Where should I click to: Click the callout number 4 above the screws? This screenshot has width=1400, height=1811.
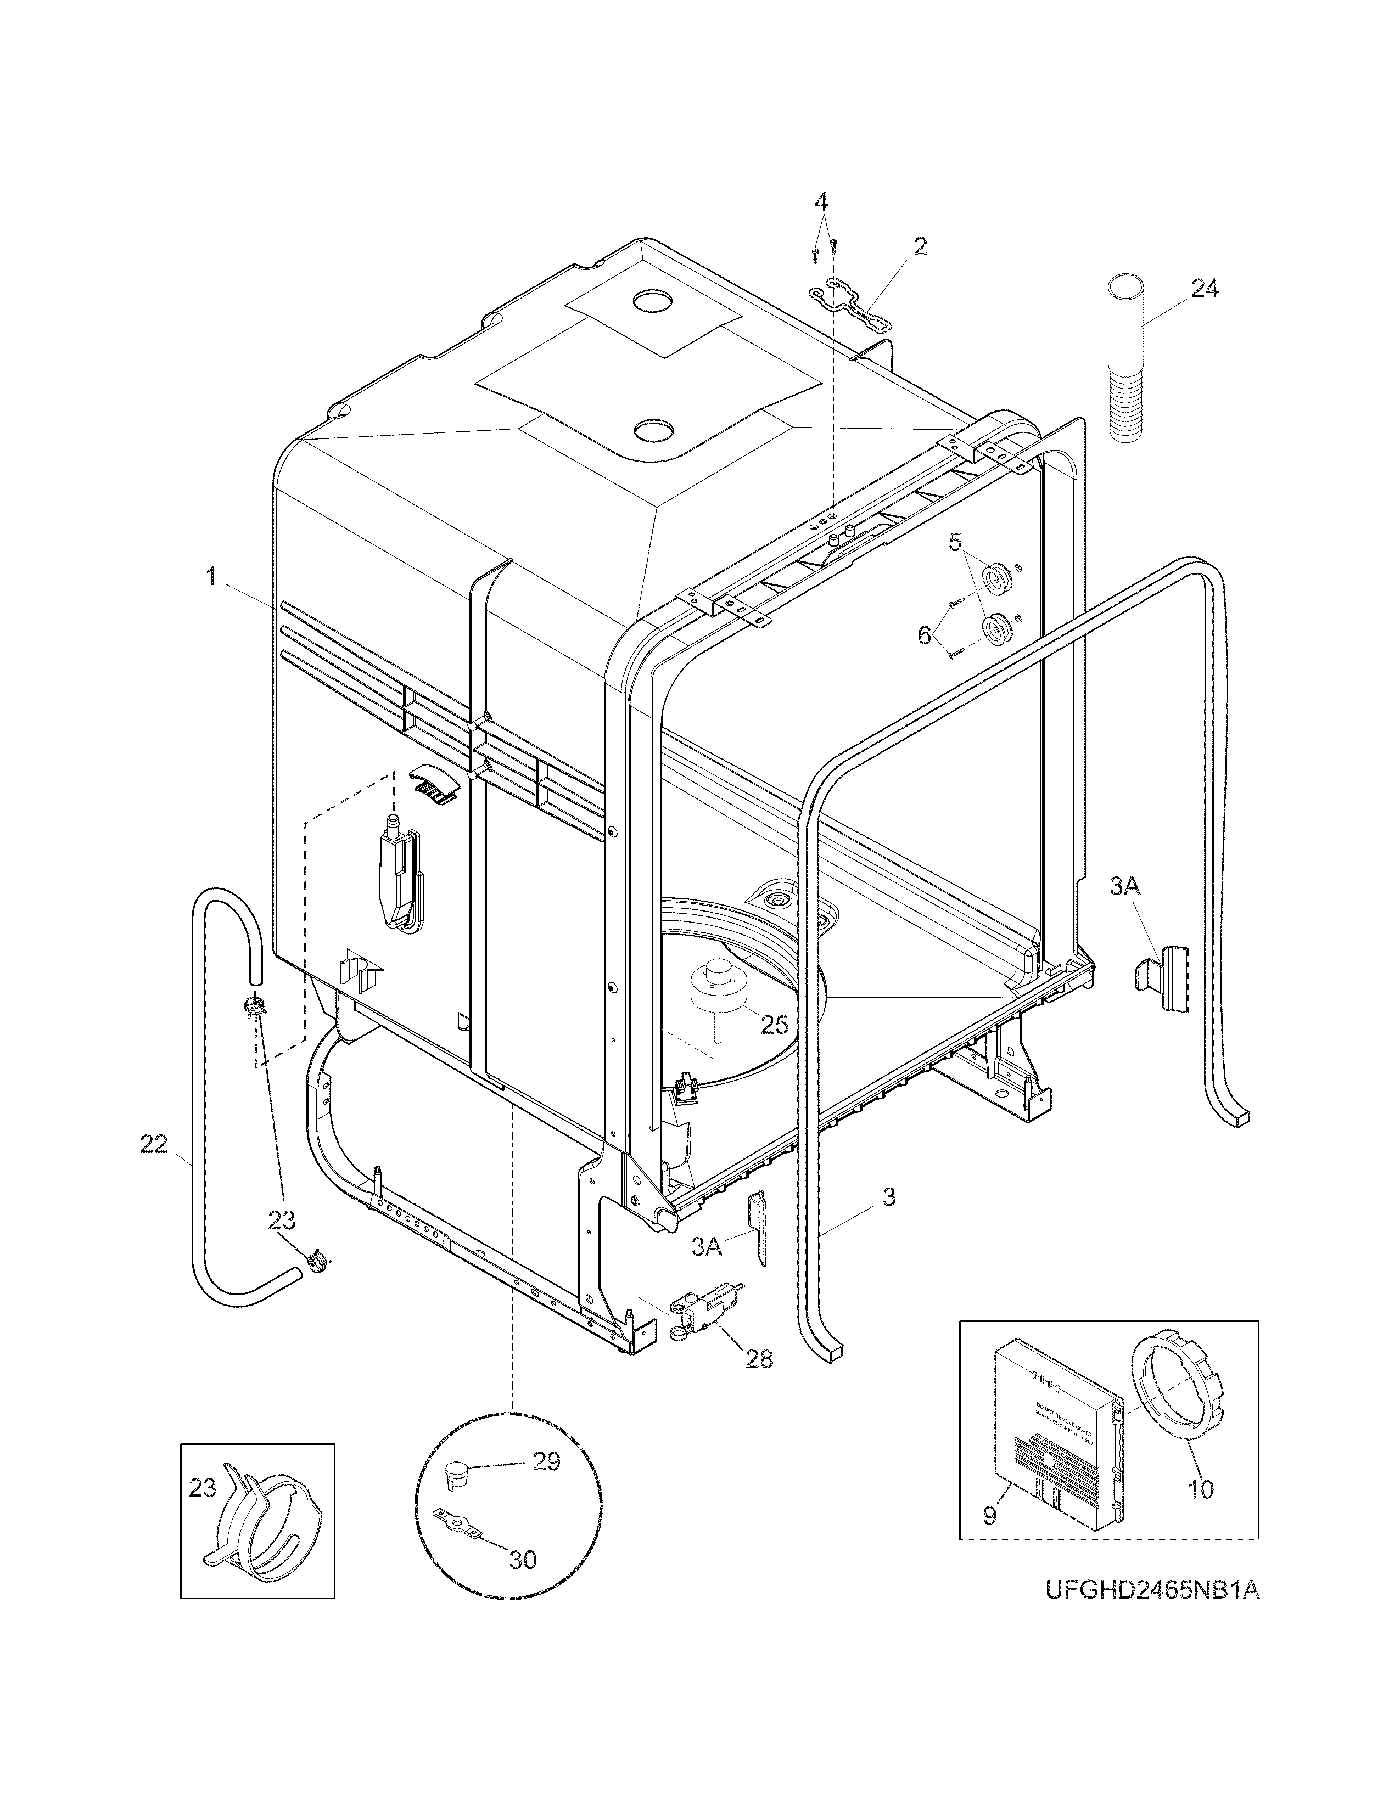coord(820,201)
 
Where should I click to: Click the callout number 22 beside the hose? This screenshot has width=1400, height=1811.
coord(154,1145)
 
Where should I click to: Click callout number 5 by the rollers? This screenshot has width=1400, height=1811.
coord(955,543)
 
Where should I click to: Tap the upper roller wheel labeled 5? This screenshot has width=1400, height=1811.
coord(994,576)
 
